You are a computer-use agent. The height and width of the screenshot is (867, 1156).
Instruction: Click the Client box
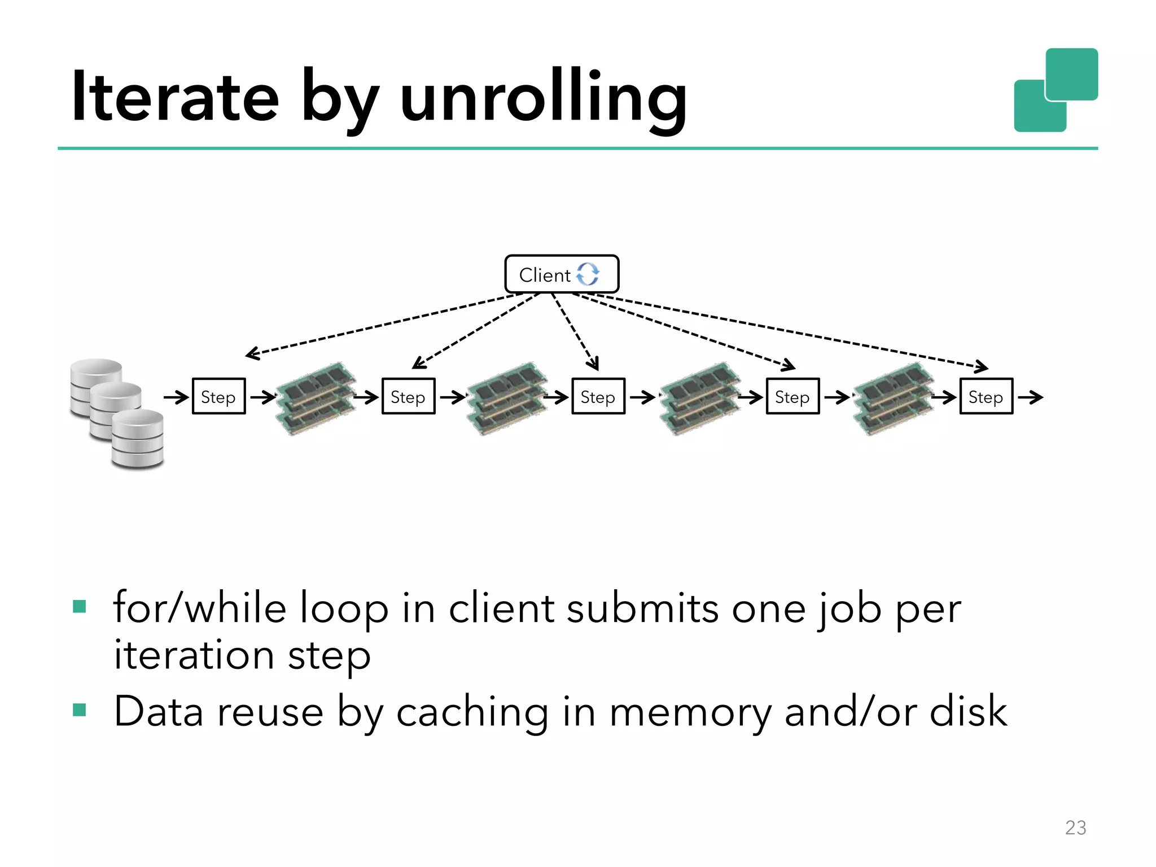(x=561, y=274)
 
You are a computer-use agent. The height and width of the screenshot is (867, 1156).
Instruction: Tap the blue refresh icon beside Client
(x=588, y=274)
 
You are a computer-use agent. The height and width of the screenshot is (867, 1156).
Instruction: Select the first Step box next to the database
(x=218, y=397)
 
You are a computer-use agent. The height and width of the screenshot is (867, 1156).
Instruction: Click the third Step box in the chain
(x=598, y=397)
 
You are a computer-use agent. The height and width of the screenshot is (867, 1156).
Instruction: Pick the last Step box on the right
(x=986, y=397)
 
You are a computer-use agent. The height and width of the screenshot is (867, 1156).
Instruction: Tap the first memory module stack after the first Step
(x=316, y=399)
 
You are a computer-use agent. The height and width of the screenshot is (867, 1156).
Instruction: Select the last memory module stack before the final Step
(x=893, y=399)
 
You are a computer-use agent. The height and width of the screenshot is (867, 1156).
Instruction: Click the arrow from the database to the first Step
(x=176, y=397)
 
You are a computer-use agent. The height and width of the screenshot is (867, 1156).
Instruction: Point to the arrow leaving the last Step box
(x=1030, y=397)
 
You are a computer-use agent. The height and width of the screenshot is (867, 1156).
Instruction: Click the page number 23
(x=1075, y=827)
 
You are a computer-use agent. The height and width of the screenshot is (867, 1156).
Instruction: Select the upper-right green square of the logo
(x=1071, y=74)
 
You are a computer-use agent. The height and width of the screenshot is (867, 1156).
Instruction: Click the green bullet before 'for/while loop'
(x=80, y=607)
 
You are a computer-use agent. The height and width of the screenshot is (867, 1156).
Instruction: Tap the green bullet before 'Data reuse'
(x=80, y=710)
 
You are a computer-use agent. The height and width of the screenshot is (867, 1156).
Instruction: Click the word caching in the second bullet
(x=472, y=712)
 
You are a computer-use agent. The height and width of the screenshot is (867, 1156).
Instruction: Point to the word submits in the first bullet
(x=642, y=609)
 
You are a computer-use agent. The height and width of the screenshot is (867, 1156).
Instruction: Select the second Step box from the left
(x=408, y=397)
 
